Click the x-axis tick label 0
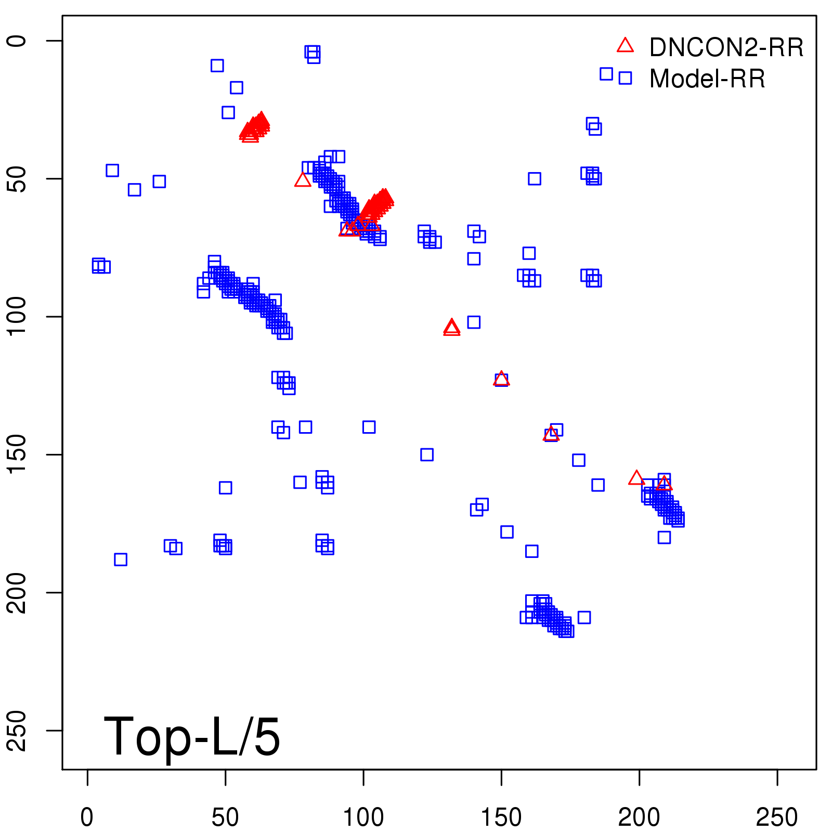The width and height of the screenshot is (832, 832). pyautogui.click(x=87, y=817)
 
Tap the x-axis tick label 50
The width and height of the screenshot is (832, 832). pyautogui.click(x=225, y=817)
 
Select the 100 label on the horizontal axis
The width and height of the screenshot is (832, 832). pyautogui.click(x=363, y=817)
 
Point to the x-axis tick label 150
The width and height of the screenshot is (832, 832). pyautogui.click(x=501, y=817)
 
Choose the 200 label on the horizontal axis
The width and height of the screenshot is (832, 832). pyautogui.click(x=639, y=817)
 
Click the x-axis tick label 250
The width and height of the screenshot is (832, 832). pyautogui.click(x=777, y=817)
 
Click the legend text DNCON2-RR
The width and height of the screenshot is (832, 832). pyautogui.click(x=726, y=48)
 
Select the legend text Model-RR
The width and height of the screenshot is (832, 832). pyautogui.click(x=707, y=79)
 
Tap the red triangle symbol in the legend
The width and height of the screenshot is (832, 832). pyautogui.click(x=625, y=46)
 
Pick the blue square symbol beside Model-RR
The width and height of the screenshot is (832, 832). pyautogui.click(x=625, y=78)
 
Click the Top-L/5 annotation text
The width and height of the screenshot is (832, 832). pyautogui.click(x=192, y=736)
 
